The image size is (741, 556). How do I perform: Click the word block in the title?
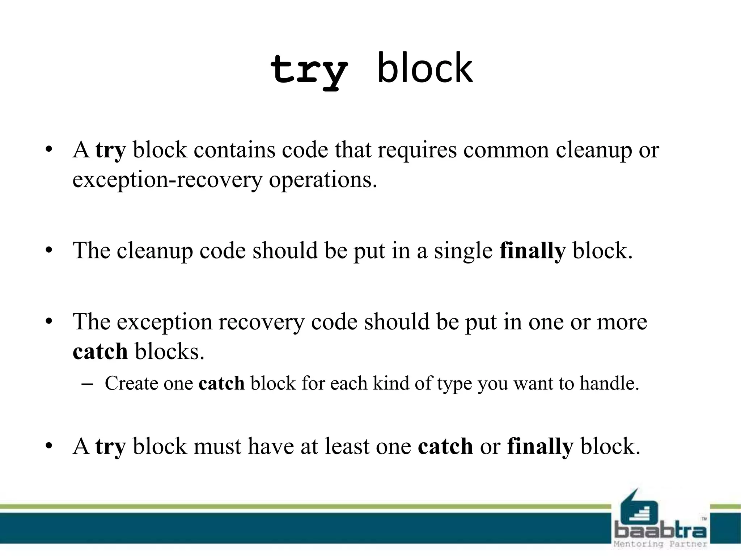[x=425, y=68]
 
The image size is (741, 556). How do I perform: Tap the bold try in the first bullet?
[x=110, y=150]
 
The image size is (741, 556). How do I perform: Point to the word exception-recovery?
[x=167, y=180]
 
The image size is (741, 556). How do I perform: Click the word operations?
[x=323, y=180]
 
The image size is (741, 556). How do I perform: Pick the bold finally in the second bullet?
[x=532, y=250]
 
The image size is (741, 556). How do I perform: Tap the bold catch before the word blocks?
[x=100, y=351]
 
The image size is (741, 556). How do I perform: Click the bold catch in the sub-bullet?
[x=221, y=383]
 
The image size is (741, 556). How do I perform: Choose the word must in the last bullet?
[x=217, y=446]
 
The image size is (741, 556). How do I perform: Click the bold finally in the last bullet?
[x=540, y=446]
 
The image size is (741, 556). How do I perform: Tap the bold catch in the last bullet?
[x=445, y=446]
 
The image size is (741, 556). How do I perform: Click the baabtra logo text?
[x=660, y=530]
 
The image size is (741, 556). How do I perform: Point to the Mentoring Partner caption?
[x=660, y=544]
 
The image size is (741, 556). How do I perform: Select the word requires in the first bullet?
[x=417, y=150]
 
